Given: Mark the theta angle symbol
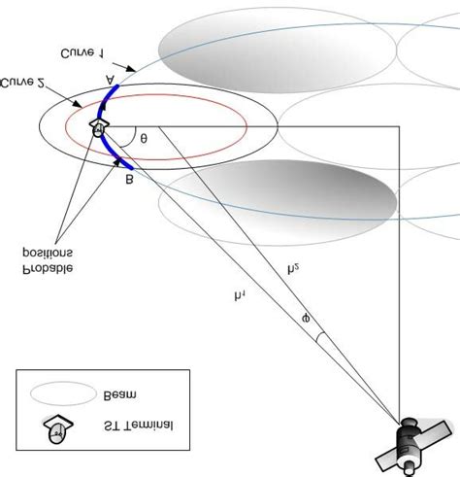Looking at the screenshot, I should [x=144, y=138].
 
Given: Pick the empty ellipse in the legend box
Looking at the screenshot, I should [x=60, y=394].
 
